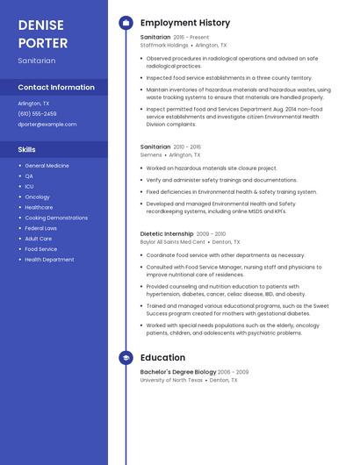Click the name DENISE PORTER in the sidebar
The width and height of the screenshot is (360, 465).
(43, 33)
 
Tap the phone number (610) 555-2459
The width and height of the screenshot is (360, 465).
(37, 114)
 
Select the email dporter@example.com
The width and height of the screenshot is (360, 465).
(47, 125)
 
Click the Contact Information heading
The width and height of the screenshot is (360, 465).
(56, 88)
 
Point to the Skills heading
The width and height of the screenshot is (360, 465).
(27, 150)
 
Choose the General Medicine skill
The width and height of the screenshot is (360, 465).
(47, 166)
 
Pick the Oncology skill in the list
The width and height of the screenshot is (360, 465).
(37, 197)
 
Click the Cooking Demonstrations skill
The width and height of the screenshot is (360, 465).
(56, 218)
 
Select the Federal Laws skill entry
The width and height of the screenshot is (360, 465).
(40, 228)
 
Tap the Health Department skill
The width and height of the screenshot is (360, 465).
(49, 260)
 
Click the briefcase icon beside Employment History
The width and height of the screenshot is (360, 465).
(126, 23)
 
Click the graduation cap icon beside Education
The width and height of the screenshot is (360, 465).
(126, 358)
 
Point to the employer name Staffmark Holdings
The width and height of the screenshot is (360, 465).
(164, 45)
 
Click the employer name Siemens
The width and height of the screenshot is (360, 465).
(151, 154)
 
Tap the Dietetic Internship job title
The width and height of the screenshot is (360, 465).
(167, 234)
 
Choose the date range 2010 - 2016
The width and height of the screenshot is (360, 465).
(187, 147)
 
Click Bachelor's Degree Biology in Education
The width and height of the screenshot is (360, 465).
(177, 372)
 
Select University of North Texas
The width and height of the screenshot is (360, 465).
(171, 380)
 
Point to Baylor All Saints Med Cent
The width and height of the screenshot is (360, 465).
(172, 241)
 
